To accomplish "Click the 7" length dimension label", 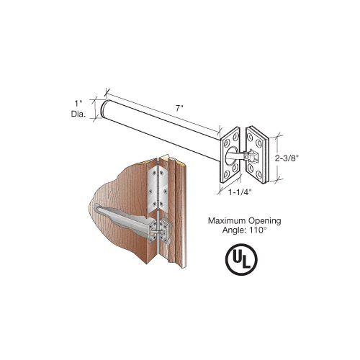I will pyautogui.click(x=177, y=107).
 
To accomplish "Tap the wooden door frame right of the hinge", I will pyautogui.click(x=174, y=216).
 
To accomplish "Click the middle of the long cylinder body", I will pyautogui.click(x=162, y=122).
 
